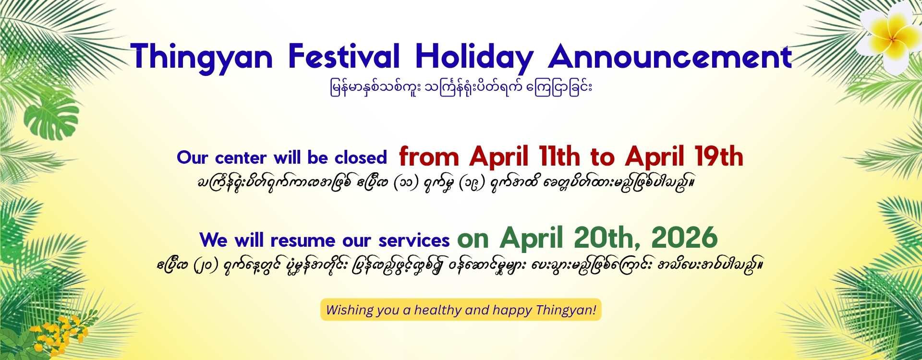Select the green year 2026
[684, 238]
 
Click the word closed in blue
[361, 157]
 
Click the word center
[241, 157]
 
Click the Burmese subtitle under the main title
[461, 88]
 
